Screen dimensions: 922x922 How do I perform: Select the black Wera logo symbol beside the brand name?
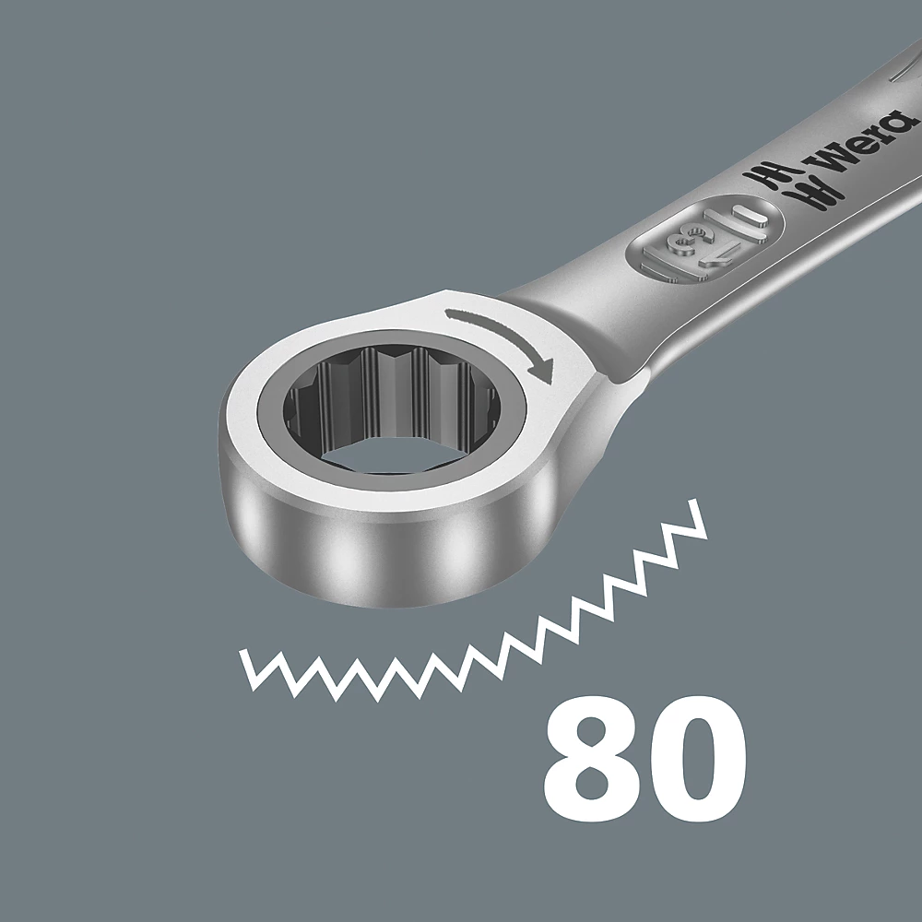(775, 181)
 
